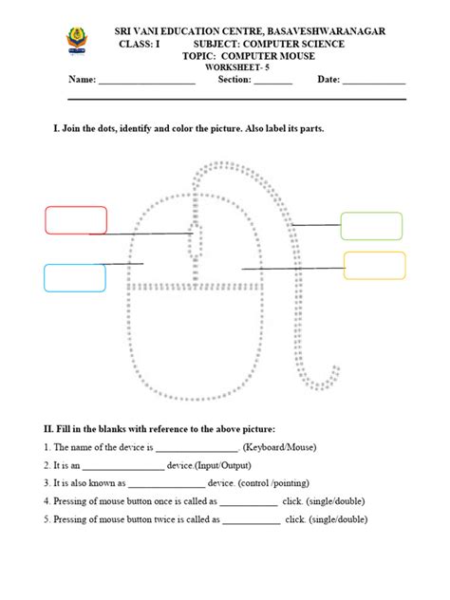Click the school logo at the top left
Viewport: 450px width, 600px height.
76,41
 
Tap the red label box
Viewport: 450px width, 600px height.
75,219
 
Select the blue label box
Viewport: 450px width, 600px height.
74,277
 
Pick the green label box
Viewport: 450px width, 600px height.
371,226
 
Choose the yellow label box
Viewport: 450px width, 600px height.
374,265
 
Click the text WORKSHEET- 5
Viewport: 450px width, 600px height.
251,67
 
